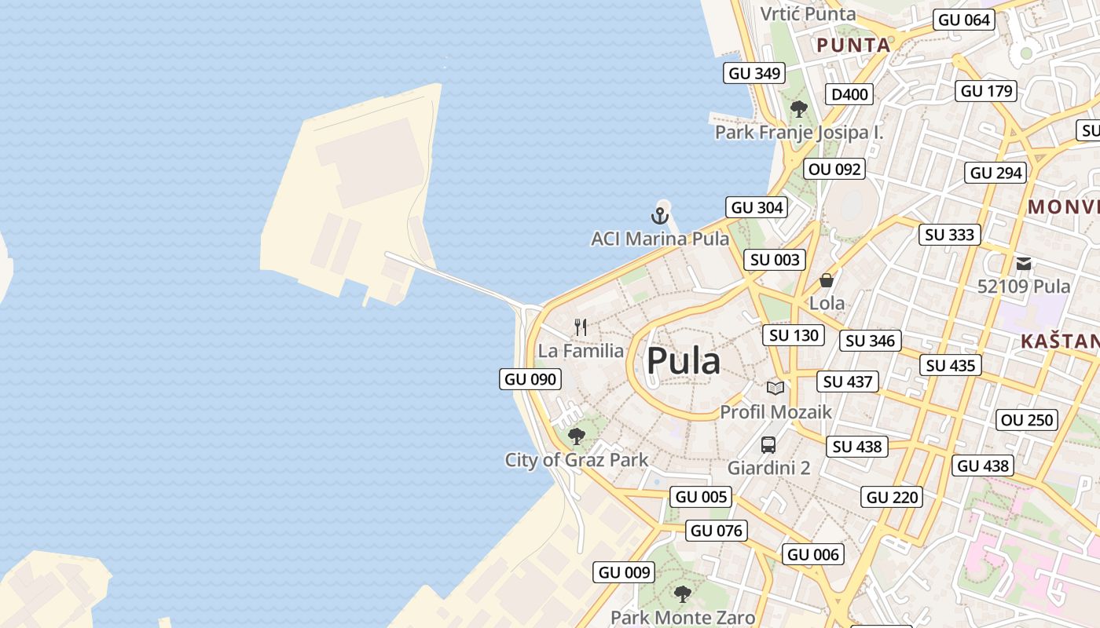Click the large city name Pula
683,361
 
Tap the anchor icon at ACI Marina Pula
660,215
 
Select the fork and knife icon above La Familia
581,327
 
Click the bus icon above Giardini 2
768,445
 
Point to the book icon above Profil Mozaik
775,388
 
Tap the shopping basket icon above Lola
827,280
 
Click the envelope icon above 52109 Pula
1024,264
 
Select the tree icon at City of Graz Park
577,436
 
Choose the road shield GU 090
530,379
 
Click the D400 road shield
849,95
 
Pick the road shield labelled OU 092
834,169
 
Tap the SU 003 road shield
775,260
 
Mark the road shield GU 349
754,73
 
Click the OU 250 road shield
1027,420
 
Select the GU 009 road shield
625,572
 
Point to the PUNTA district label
853,46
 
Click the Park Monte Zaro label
682,618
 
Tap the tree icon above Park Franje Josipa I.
799,109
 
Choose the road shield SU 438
857,447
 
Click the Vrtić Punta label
808,13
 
